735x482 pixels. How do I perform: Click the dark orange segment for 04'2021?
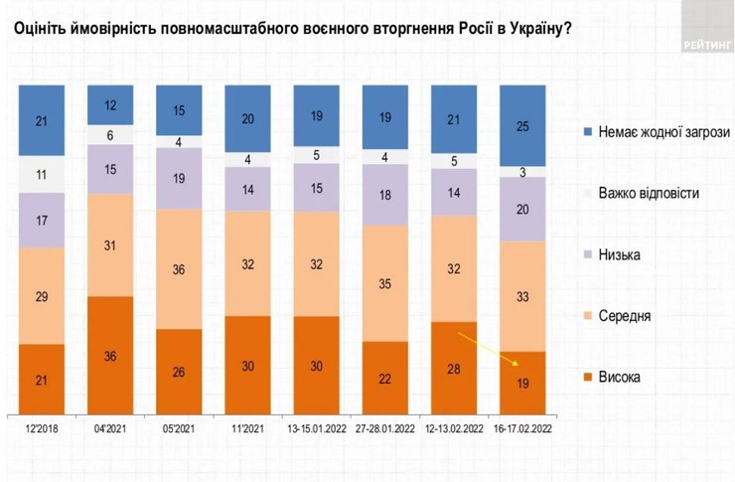click(110, 354)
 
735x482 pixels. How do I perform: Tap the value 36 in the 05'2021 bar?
click(180, 268)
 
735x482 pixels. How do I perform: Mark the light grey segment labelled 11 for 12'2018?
click(42, 174)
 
